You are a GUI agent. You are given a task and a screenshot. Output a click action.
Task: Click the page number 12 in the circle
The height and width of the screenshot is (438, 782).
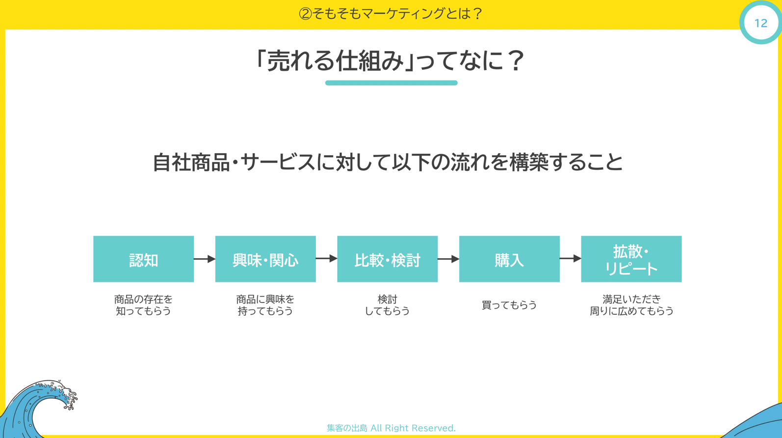pos(761,23)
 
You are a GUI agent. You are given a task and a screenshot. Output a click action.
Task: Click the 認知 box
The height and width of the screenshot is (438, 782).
pos(143,259)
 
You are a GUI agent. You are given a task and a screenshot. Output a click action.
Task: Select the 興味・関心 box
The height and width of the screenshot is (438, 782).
pos(265,259)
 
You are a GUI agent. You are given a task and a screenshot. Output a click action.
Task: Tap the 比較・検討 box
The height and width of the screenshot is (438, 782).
pos(387,259)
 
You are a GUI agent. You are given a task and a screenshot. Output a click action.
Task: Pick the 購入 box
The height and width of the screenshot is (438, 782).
pos(509,259)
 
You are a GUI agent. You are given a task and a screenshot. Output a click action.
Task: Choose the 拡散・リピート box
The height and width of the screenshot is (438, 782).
pos(631,259)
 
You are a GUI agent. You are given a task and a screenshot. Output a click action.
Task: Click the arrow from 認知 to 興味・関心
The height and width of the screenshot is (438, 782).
pos(205,259)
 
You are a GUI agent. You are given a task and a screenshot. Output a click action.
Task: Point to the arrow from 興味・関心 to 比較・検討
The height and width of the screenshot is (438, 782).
pos(326,258)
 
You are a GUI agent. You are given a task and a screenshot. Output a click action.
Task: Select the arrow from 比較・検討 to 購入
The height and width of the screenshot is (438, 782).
pos(448,259)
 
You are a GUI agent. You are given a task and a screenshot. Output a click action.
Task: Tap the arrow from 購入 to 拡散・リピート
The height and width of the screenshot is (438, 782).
pos(571,258)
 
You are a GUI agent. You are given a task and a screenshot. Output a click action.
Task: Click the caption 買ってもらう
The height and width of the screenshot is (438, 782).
pos(509,305)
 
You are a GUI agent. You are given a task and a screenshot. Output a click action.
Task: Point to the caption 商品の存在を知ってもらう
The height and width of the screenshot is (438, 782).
pos(143,305)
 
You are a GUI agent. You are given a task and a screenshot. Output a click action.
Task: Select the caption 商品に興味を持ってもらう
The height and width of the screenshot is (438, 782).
pos(265,305)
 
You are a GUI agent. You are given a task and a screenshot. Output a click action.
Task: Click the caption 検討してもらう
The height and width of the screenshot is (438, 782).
pos(387,305)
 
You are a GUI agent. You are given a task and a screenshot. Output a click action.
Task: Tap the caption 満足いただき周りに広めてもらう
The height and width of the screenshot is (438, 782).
pos(631,305)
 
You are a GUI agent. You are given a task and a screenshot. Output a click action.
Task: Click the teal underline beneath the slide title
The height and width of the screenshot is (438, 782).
pos(391,83)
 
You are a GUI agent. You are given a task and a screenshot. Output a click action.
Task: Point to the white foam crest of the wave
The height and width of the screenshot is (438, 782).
pos(59,393)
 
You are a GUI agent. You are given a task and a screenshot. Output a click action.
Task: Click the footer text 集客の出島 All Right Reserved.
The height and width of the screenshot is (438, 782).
pos(391,428)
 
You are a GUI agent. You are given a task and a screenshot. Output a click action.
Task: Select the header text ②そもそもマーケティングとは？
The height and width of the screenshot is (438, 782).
pos(391,14)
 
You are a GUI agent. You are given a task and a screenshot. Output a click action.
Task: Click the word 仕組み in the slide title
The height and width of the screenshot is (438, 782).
pos(370,61)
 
